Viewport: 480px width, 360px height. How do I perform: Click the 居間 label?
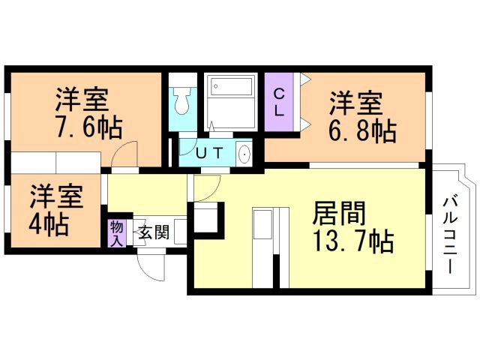(x=339, y=214)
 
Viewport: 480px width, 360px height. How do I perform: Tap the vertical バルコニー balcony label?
(x=451, y=233)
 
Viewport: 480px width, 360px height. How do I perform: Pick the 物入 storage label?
(x=116, y=232)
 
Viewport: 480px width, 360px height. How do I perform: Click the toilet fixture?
(x=182, y=100)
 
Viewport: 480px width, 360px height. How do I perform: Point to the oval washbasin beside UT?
(x=244, y=154)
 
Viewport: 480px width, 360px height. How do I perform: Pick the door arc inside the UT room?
(x=189, y=146)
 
